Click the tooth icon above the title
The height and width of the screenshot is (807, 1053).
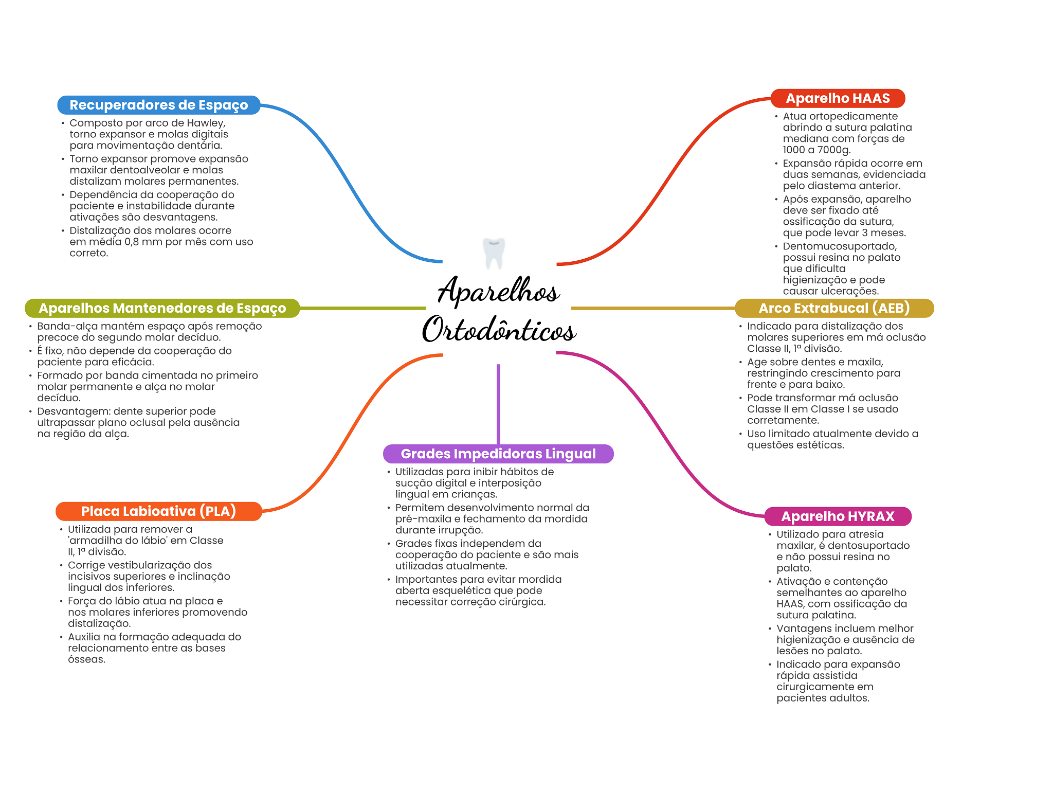(494, 253)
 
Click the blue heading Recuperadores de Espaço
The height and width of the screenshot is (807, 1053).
(158, 105)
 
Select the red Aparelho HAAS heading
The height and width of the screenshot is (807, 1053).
(838, 98)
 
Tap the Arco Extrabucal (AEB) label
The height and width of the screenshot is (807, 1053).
(834, 308)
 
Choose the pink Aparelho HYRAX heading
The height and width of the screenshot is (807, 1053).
(838, 516)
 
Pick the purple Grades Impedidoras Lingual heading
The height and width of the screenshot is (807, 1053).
(498, 454)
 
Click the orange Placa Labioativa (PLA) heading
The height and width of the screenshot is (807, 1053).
(158, 511)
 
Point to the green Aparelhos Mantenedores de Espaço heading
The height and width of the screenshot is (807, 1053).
(162, 308)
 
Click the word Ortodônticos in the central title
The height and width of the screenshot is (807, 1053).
(499, 330)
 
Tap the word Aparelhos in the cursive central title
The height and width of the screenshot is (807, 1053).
(498, 291)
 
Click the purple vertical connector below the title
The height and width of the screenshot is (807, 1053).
(498, 404)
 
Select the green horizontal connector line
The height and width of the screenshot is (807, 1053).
(362, 308)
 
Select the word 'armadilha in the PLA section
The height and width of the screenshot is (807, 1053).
(93, 541)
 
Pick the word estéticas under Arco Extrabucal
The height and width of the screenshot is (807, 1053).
(821, 445)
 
